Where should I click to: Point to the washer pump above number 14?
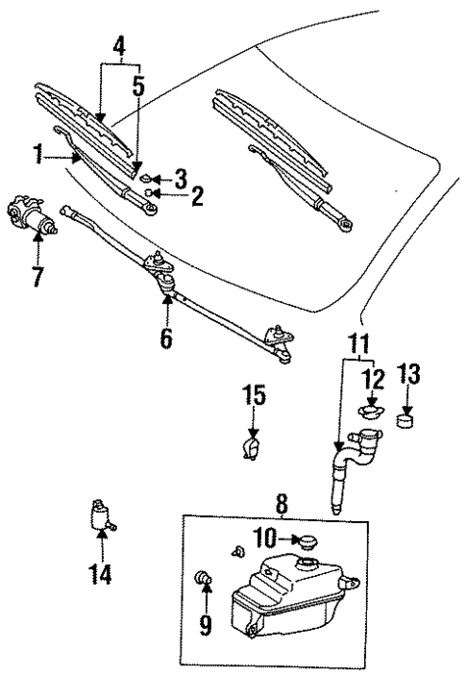pos(99,516)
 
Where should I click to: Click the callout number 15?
pos(254,395)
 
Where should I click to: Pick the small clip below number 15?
pos(253,448)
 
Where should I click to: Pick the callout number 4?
pos(118,45)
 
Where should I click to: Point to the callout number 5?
pos(140,86)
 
